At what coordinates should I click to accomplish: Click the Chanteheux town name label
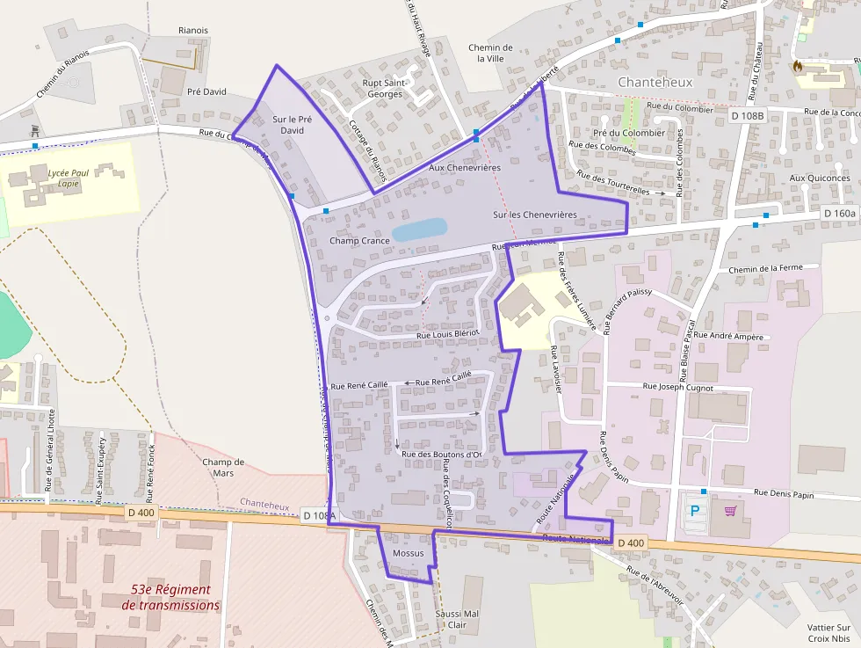655,82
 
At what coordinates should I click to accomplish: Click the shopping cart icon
730,510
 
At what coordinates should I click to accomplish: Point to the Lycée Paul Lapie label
69,178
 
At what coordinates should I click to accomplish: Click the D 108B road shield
748,114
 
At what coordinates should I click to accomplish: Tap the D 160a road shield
840,214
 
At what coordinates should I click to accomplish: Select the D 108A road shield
319,514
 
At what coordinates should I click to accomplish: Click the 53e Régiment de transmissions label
171,597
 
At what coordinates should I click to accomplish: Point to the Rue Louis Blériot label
447,334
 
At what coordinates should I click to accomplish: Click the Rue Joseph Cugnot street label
678,386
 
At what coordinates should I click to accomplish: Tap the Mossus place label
408,553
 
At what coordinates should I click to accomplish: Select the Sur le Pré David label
293,125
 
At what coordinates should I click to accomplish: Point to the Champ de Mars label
223,467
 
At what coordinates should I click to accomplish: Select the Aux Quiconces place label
820,178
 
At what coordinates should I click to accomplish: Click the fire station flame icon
798,65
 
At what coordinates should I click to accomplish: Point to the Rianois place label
192,30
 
